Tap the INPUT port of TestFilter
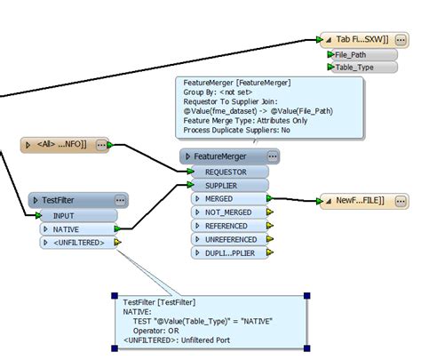(x=78, y=215)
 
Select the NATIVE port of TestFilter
(x=78, y=228)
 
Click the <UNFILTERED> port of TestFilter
(x=78, y=242)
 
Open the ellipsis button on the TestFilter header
(x=120, y=201)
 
